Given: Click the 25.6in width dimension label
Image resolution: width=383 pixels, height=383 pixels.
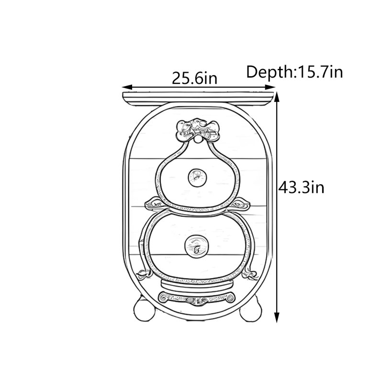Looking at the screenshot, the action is click(195, 78).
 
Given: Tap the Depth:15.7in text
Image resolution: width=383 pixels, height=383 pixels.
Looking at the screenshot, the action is click(294, 72).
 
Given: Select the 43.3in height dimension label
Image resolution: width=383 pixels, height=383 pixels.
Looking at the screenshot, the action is click(302, 188).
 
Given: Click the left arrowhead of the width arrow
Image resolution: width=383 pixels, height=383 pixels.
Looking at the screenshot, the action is click(127, 87).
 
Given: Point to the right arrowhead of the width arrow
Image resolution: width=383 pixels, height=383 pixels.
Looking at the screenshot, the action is click(270, 87).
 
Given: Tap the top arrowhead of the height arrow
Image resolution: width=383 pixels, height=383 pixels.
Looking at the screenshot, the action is click(277, 97).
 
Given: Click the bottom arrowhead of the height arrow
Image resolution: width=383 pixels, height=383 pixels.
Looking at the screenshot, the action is click(277, 317).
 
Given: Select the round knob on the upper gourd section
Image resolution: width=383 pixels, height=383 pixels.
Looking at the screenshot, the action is click(197, 178).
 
